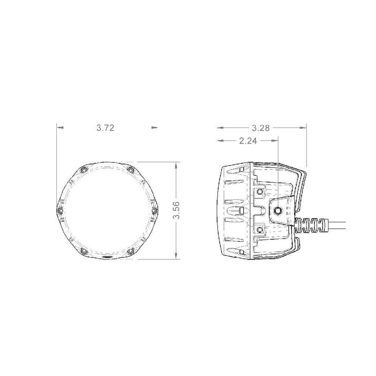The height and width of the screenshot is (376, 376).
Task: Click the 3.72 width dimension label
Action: pos(105,128)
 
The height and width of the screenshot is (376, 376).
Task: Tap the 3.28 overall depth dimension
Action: pos(261,128)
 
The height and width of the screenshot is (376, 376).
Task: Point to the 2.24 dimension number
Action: pos(248,141)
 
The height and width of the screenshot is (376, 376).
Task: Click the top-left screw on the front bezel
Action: pos(83,170)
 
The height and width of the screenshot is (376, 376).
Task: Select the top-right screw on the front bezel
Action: pos(131,170)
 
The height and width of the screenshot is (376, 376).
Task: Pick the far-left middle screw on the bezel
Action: pos(60,210)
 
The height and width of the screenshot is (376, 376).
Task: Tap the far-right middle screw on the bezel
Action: pos(154,210)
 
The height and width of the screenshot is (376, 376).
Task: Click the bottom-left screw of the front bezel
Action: pos(83,251)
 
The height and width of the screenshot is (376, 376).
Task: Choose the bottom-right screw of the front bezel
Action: pos(131,251)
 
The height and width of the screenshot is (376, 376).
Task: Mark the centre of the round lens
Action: pos(107,211)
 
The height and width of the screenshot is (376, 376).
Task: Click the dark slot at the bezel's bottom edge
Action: pos(107,257)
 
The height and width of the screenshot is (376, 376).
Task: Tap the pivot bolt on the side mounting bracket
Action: pos(279,210)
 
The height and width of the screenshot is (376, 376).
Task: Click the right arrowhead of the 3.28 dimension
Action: pos(304,128)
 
